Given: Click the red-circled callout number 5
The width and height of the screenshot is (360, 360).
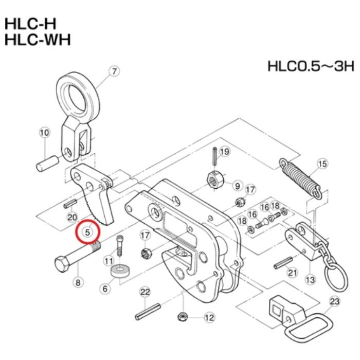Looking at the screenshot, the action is tap(87, 232).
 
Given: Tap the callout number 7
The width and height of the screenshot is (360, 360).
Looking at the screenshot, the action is tap(114, 71).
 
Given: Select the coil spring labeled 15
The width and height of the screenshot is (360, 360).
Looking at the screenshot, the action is tap(300, 178).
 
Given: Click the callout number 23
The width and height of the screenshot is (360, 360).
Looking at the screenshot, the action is tap(334, 301).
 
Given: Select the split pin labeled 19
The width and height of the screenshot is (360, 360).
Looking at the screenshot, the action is tap(215, 156).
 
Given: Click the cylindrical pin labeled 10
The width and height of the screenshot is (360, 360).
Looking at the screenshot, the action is tap(47, 163).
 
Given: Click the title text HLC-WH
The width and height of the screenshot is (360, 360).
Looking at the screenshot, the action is tap(38, 40).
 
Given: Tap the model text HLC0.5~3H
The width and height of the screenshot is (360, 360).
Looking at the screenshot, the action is tap(311, 66).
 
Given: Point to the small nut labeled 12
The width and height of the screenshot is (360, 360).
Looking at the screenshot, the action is tap(183, 317).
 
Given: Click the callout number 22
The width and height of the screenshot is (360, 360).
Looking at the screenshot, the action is tap(145, 293).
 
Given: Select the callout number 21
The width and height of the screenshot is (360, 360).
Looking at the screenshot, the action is tap(292, 273).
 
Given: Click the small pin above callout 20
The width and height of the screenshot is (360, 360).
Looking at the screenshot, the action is tap(70, 204).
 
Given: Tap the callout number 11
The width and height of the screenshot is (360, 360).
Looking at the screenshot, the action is tap(109, 261).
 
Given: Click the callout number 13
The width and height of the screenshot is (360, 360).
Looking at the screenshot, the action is tap(310, 280).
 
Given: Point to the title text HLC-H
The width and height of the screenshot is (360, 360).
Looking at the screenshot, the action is tap(30, 24).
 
